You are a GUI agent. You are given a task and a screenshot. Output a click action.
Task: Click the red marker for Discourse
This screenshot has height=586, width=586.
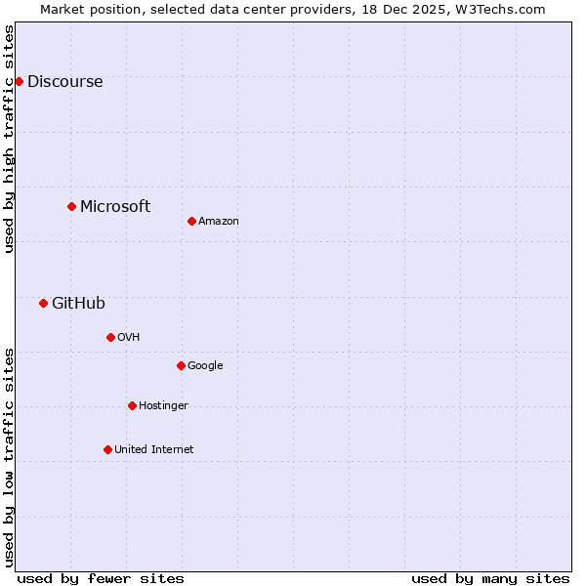[x=19, y=81]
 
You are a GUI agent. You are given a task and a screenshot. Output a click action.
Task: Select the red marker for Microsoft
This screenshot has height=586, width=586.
[x=71, y=206]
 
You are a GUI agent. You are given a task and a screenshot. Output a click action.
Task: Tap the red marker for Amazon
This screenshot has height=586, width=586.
[x=191, y=221]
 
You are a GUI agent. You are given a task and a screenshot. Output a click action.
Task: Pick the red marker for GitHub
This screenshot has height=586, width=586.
[x=43, y=303]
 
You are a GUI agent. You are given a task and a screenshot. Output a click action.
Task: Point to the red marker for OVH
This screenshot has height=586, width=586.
[x=110, y=337]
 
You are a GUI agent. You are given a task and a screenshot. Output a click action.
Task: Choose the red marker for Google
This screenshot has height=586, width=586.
[x=181, y=365]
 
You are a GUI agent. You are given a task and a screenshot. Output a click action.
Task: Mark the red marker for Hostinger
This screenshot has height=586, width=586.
[x=132, y=405]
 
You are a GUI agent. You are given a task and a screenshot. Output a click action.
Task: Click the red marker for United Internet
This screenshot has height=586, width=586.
[x=107, y=449]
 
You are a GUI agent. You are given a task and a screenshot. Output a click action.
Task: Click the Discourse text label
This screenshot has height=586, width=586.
[x=64, y=82]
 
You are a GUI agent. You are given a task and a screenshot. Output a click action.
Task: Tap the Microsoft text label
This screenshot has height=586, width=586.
[x=115, y=207]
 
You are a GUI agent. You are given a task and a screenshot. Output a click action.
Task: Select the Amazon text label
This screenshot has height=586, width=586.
[x=219, y=222]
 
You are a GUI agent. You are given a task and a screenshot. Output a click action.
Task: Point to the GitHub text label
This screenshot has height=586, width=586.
[x=78, y=304]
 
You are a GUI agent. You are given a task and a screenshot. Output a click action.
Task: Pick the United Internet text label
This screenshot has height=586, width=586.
[x=154, y=450]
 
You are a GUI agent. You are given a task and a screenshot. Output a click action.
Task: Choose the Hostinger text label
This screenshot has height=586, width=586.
[x=163, y=406]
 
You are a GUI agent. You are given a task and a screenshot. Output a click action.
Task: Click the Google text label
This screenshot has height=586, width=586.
[x=205, y=366]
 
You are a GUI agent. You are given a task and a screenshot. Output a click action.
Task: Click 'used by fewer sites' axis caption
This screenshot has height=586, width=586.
[x=101, y=578]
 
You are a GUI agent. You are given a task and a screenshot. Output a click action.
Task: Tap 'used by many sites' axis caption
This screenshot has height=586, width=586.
[x=490, y=578]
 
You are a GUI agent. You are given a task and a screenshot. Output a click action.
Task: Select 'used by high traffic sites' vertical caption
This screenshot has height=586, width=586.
[x=9, y=139]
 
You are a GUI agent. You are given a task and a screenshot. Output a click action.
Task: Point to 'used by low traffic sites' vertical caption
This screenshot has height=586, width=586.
[x=9, y=456]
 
